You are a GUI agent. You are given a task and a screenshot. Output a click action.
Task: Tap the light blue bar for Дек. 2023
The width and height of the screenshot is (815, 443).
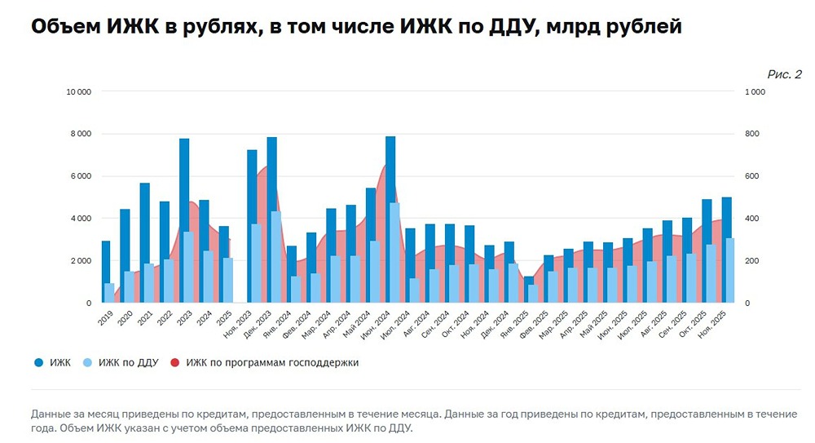click(276, 257)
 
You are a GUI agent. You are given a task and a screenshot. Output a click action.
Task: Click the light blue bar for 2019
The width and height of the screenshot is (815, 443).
click(109, 293)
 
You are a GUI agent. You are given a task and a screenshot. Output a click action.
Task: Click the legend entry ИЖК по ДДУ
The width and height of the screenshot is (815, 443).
click(126, 362)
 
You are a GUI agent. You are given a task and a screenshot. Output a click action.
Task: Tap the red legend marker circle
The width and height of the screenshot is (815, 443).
click(175, 362)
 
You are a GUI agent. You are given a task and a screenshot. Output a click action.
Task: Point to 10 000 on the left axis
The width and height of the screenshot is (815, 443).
click(78, 91)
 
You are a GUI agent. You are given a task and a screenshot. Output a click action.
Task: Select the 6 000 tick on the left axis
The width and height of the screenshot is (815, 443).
click(80, 176)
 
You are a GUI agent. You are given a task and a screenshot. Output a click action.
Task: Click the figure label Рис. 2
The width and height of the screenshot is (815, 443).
click(784, 74)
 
